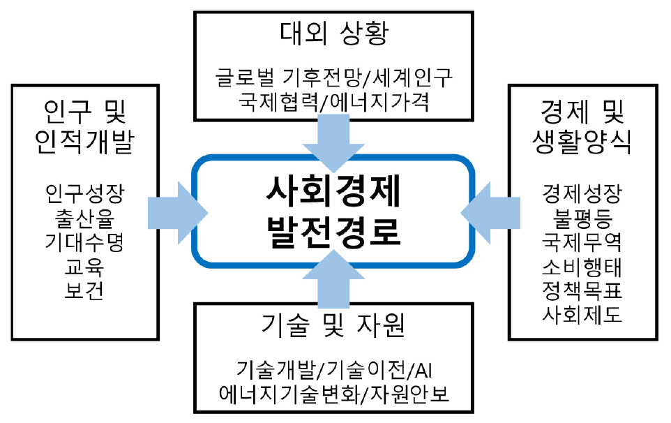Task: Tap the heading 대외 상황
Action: tap(335, 33)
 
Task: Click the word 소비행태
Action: tap(582, 266)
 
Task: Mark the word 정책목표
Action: tap(582, 290)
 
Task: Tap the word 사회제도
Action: tap(582, 315)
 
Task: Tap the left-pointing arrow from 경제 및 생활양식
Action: tap(492, 208)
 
